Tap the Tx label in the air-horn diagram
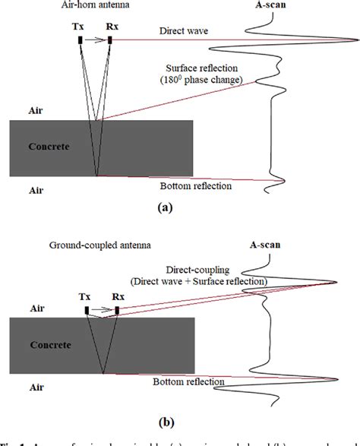pos(80,27)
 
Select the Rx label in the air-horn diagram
pos(111,27)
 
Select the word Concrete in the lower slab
pos(50,344)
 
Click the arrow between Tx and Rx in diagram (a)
pos(95,40)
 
